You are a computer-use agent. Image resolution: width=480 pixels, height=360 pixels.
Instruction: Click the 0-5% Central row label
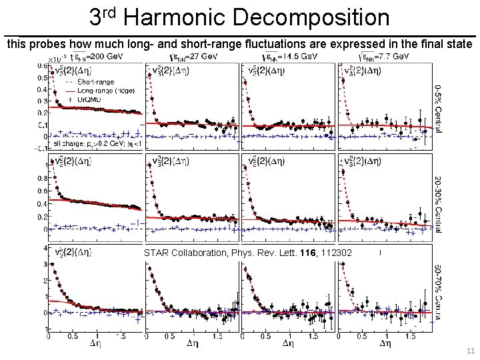click(x=438, y=107)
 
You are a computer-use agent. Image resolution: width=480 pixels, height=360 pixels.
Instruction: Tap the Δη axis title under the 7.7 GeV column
click(x=385, y=345)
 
